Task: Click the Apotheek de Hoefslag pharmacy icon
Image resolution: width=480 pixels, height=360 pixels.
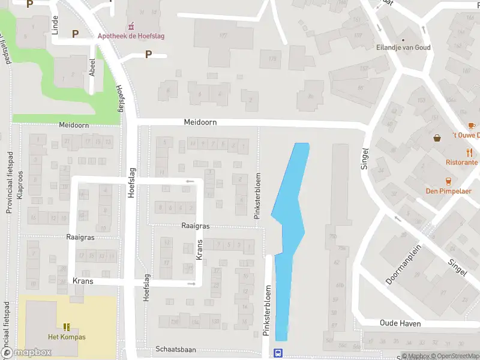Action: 131,26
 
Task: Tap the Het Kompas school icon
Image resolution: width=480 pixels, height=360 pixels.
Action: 67,327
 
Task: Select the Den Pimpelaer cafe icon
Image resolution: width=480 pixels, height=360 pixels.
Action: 448,181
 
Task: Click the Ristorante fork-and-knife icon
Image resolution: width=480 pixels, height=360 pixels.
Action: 470,152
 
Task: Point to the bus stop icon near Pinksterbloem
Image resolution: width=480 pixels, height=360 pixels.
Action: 278,353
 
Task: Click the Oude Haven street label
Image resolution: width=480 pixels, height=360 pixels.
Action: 400,323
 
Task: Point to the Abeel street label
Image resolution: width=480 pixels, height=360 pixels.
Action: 92,65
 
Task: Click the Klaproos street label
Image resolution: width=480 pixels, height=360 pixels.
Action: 20,187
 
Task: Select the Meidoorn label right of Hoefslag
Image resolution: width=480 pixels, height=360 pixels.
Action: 200,122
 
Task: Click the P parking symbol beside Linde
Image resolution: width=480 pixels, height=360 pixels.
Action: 76,34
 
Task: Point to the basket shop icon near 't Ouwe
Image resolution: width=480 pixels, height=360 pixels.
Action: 438,138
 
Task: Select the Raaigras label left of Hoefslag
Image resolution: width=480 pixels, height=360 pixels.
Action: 81,238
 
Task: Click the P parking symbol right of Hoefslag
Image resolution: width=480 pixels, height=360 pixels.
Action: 148,55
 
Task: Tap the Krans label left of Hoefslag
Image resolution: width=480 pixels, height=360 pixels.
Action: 83,281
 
